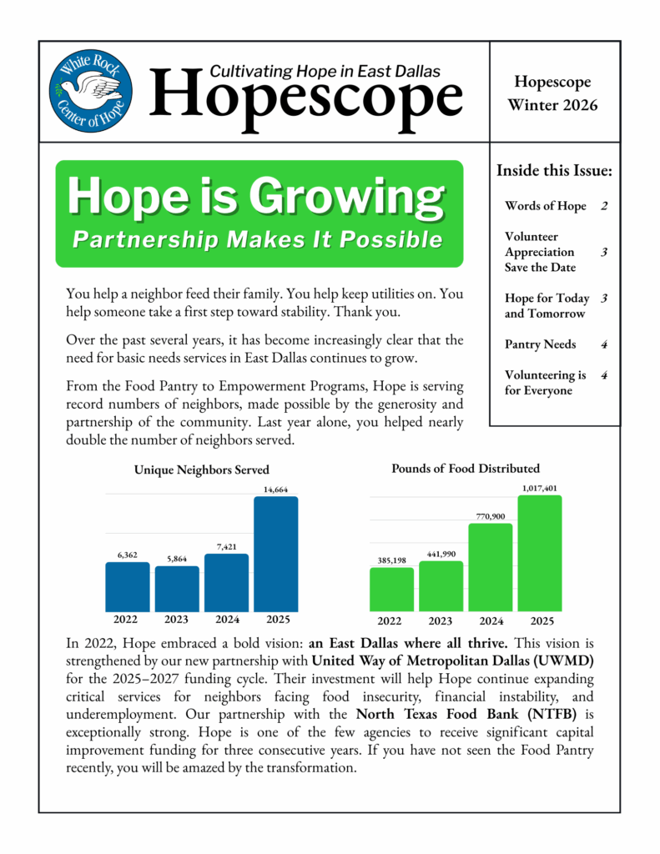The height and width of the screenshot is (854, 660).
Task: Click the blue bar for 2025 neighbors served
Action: coord(275,554)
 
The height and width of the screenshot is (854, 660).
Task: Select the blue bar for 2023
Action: coord(177,588)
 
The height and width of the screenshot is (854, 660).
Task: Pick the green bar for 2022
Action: coord(390,589)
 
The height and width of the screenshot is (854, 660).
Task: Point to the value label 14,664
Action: coord(275,490)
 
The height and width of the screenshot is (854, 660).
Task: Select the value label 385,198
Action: coord(390,560)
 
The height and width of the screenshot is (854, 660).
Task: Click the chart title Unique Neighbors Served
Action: coord(202,470)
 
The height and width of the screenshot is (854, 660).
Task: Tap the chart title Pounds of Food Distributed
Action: coord(466,469)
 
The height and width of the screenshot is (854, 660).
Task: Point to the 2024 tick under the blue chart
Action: coord(226,620)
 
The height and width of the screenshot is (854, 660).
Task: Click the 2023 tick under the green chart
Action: coord(440,620)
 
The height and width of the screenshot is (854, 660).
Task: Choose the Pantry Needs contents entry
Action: coord(540,344)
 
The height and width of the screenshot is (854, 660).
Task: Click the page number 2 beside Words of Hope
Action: coord(603,206)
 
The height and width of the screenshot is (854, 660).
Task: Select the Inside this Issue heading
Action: coord(554,171)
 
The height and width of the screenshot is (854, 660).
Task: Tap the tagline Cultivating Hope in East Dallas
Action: coord(325,72)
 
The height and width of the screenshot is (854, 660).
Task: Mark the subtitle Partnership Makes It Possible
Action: coord(257,240)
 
